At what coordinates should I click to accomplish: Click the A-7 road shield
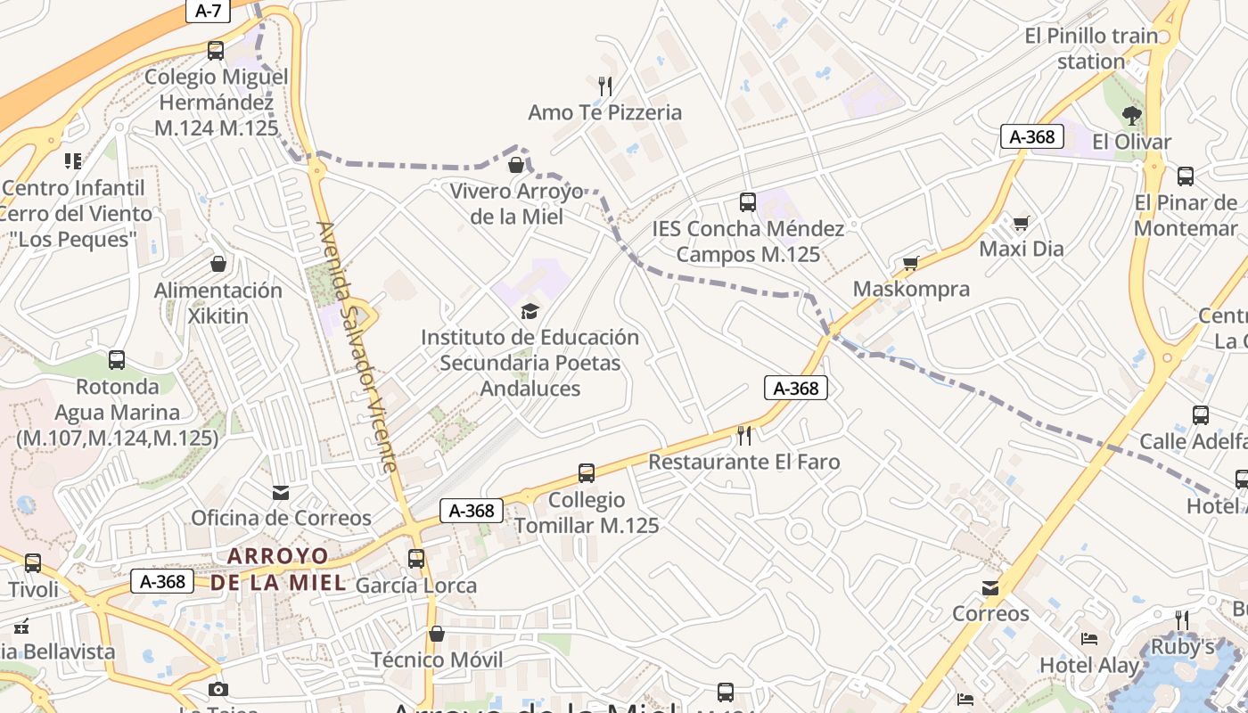click(x=208, y=11)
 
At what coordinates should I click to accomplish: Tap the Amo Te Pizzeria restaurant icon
click(x=605, y=86)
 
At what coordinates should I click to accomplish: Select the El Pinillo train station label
click(x=1091, y=49)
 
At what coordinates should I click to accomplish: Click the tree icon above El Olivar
click(x=1132, y=115)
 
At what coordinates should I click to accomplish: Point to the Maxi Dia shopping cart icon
click(x=1022, y=223)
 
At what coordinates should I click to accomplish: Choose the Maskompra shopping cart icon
click(x=910, y=263)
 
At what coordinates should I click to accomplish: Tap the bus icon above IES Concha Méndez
click(x=748, y=202)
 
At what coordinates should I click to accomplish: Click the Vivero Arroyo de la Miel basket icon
click(x=516, y=165)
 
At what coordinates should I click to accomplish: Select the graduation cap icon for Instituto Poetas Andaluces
click(x=530, y=311)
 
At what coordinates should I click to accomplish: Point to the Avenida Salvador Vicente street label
click(x=357, y=347)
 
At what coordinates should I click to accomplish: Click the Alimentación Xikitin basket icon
click(x=218, y=264)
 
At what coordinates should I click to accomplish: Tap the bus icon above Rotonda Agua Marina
click(x=117, y=360)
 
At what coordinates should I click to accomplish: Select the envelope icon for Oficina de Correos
click(x=281, y=492)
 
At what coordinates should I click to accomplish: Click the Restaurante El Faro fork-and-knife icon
click(x=744, y=435)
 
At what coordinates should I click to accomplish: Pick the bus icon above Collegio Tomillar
click(x=587, y=473)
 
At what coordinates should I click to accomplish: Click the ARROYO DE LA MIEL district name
click(x=277, y=569)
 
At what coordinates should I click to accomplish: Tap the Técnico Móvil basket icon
click(x=437, y=634)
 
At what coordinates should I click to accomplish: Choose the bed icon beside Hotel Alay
click(x=1089, y=639)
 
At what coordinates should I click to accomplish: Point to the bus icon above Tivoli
click(x=33, y=563)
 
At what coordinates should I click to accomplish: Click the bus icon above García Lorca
click(x=416, y=559)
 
